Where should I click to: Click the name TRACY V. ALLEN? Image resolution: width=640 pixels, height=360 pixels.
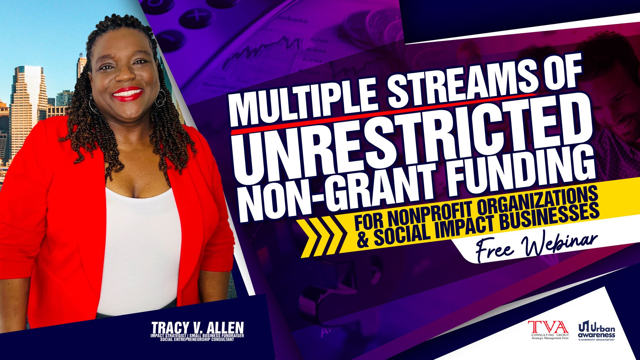click(197, 328)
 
